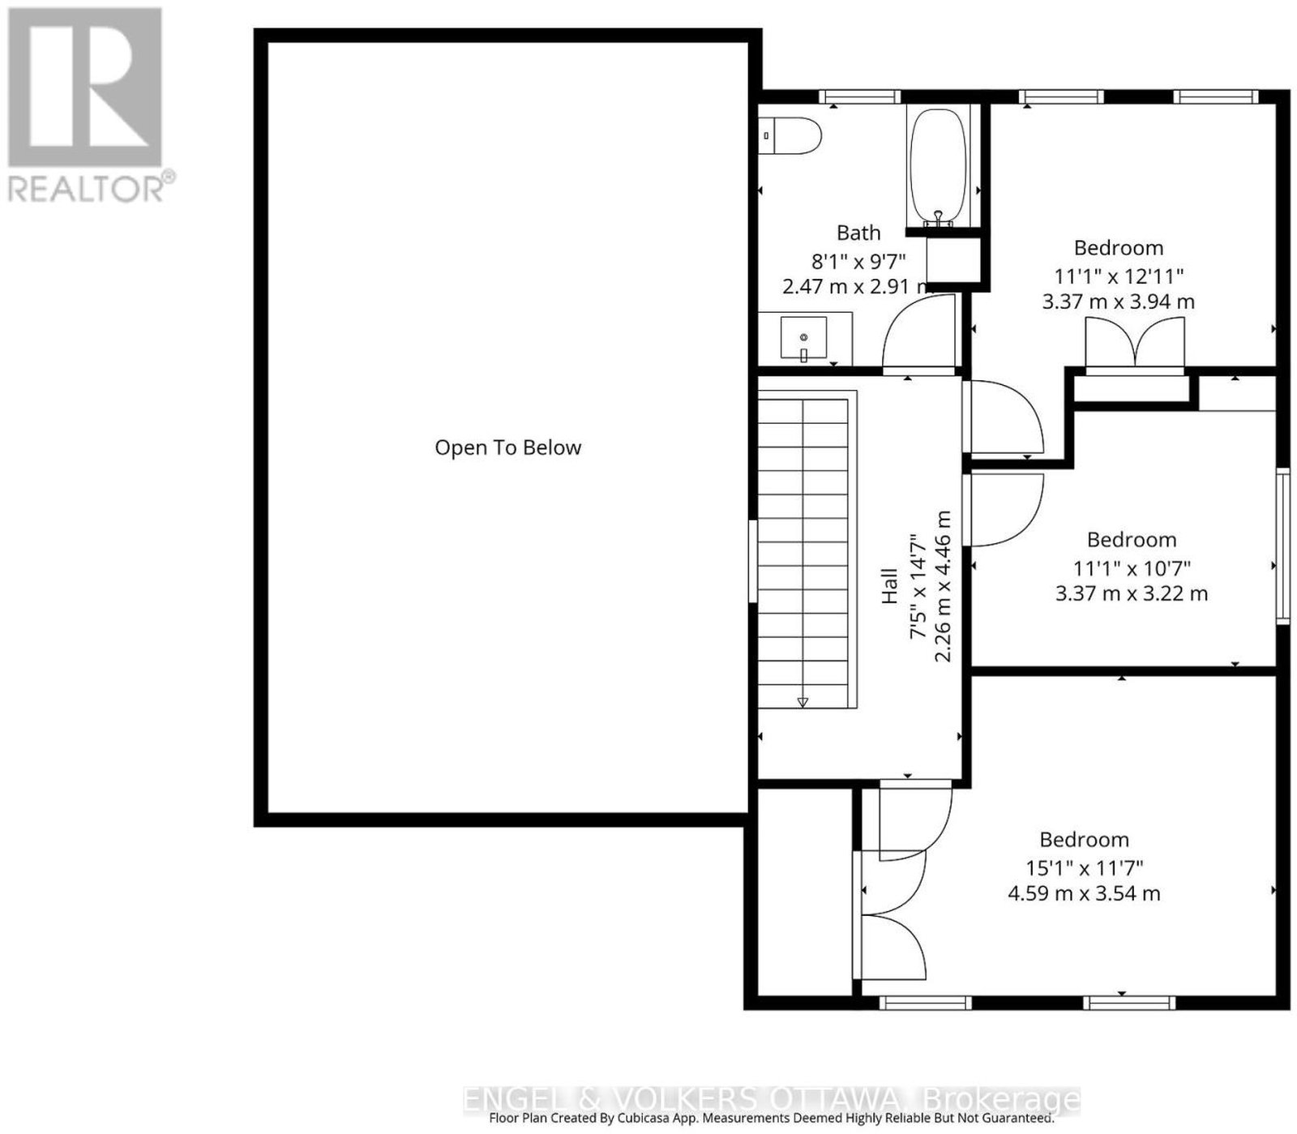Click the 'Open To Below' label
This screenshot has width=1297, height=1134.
pyautogui.click(x=508, y=447)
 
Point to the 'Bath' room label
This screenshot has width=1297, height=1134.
pyautogui.click(x=858, y=233)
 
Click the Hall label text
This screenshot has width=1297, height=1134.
pyautogui.click(x=889, y=585)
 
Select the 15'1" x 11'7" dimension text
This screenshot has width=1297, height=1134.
pyautogui.click(x=1084, y=868)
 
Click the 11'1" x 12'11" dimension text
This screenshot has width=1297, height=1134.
pyautogui.click(x=1119, y=276)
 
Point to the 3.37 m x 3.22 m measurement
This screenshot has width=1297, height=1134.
pyautogui.click(x=1131, y=593)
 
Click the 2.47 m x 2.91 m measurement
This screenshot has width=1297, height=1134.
pyautogui.click(x=858, y=286)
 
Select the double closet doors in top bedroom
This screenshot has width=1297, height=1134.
pyautogui.click(x=1135, y=344)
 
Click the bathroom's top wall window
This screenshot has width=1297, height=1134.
pyautogui.click(x=859, y=97)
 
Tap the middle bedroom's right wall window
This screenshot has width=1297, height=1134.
pyautogui.click(x=1282, y=546)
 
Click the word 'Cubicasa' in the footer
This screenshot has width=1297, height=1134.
pyautogui.click(x=659, y=1119)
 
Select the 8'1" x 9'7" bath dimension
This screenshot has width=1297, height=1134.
pyautogui.click(x=858, y=261)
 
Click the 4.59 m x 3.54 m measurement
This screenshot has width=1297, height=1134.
pyautogui.click(x=1084, y=894)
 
